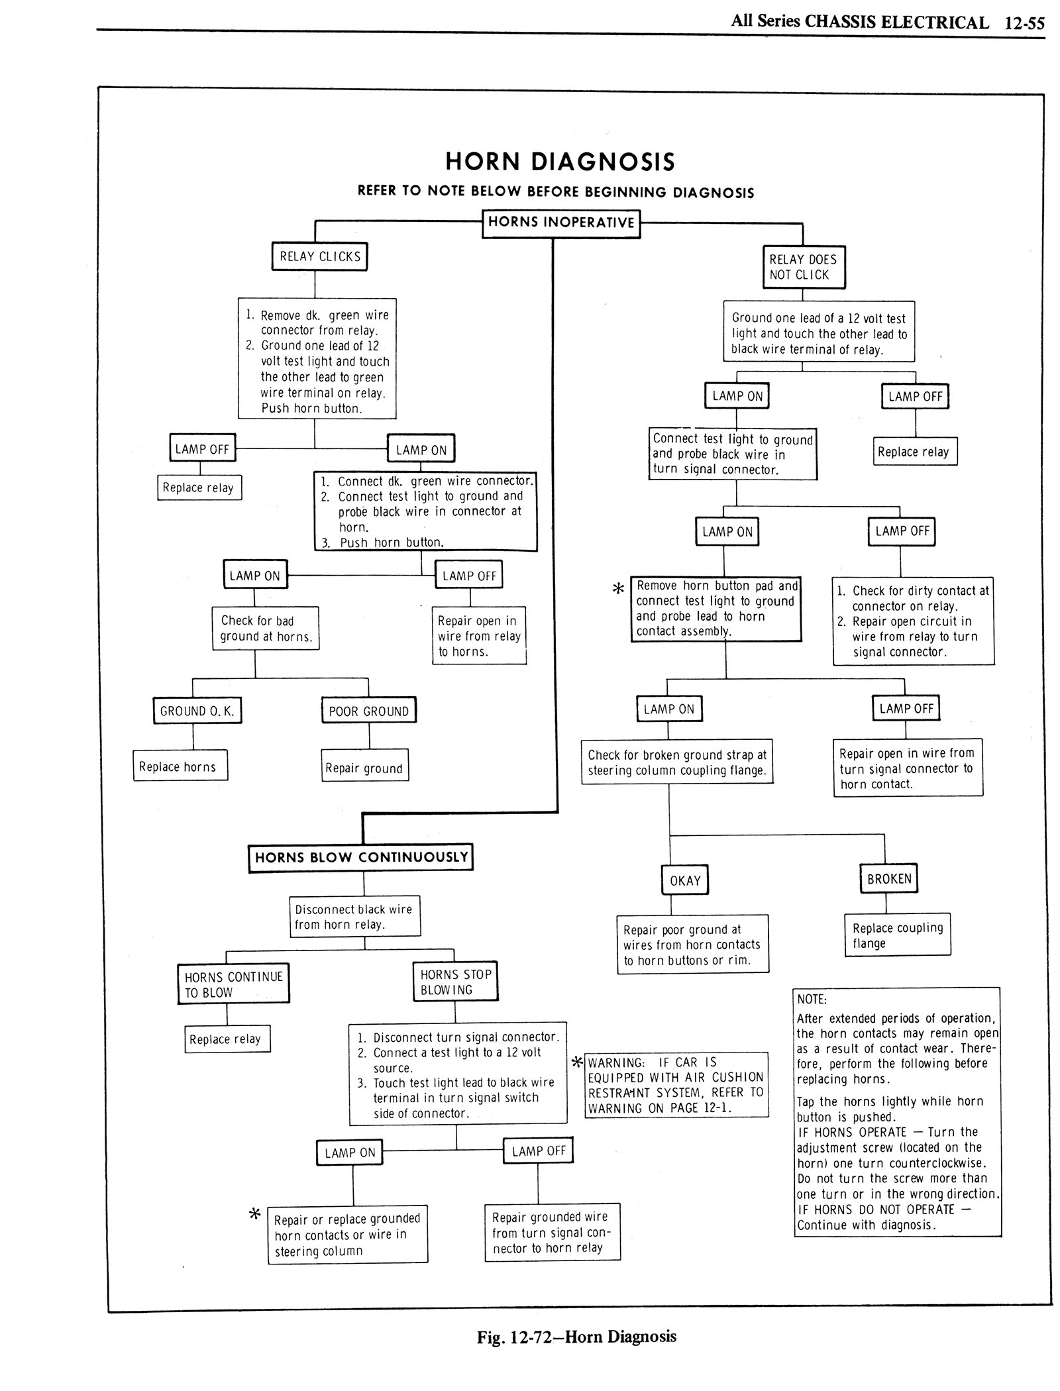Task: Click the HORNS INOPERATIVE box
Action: coord(561,223)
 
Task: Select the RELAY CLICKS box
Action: coord(319,257)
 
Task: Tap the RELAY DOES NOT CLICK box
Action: coord(804,267)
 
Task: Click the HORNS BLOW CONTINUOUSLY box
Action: coord(361,858)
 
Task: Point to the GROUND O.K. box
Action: coord(197,711)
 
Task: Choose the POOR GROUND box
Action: coord(369,711)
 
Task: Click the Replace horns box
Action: coord(180,766)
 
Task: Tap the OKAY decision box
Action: coord(685,880)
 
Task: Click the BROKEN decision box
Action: coord(889,878)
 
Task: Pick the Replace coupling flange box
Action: coord(897,935)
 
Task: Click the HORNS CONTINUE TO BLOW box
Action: coord(233,984)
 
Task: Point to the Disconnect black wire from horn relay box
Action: coord(354,917)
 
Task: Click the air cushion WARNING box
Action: coord(676,1085)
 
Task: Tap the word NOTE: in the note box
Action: coord(812,1000)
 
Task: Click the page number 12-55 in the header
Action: coord(1024,23)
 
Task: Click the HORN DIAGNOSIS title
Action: coord(560,162)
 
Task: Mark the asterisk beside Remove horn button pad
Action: coord(618,588)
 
